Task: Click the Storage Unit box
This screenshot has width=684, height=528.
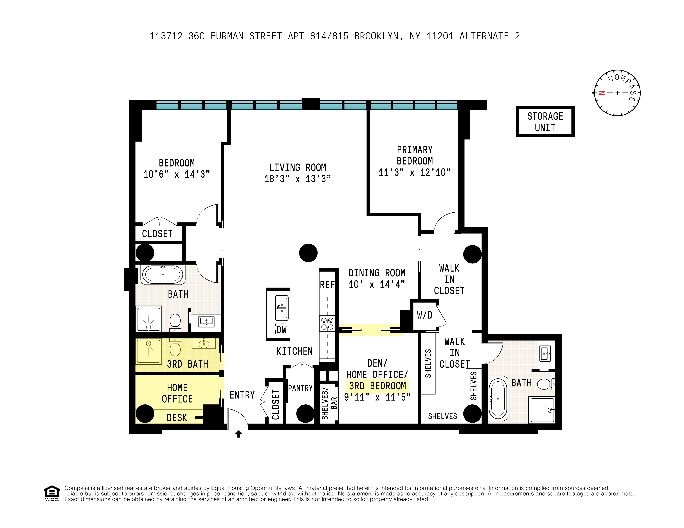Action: coord(545,121)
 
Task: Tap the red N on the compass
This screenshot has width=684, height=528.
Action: coord(601,93)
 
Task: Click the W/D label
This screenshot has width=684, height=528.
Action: coord(424,315)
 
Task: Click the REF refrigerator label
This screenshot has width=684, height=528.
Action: coord(327,285)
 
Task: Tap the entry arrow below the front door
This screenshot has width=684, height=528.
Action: coord(239,434)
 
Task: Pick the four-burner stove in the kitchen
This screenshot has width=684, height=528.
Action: coord(327,324)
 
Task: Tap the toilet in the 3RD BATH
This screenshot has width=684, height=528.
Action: coord(175,347)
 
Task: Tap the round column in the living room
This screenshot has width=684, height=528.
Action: coord(308,253)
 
